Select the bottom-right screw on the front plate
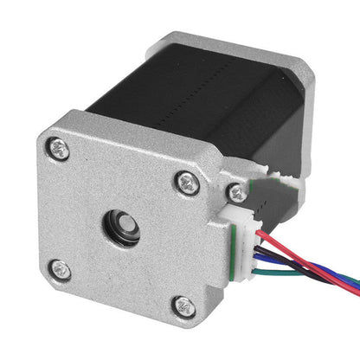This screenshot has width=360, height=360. [183, 305]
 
